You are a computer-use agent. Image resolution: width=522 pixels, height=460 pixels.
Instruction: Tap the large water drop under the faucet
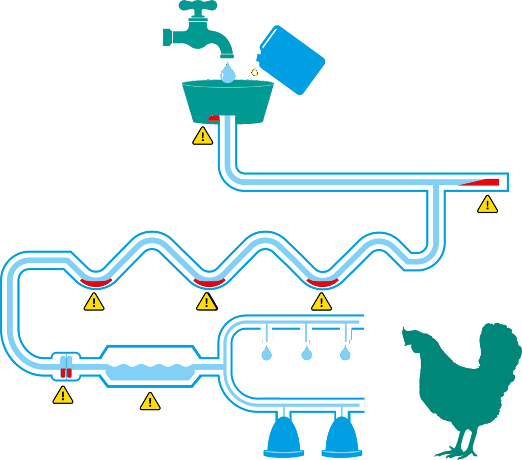[x=228, y=73]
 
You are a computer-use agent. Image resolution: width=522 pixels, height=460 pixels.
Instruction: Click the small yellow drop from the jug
[x=254, y=72]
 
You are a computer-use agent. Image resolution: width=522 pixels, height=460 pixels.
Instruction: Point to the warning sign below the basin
[x=203, y=136]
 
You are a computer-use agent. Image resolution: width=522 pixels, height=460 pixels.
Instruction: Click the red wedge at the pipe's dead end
[x=482, y=182]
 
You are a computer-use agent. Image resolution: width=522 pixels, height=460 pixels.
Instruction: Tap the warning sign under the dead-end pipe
[x=487, y=204]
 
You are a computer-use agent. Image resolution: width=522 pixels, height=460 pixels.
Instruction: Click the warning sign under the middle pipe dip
[x=206, y=302]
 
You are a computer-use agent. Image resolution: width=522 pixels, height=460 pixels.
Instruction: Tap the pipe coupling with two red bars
[x=66, y=367]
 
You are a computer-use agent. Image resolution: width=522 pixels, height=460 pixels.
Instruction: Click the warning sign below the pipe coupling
[x=63, y=395]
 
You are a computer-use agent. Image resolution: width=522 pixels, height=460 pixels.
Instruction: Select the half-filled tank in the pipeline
[x=150, y=367]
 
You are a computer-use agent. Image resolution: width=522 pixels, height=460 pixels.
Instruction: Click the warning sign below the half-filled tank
[x=150, y=401]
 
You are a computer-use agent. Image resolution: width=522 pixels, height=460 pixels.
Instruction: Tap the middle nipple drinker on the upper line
[x=306, y=334]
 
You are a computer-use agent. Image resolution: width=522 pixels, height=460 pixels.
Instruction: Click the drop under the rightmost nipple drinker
[x=346, y=353]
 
